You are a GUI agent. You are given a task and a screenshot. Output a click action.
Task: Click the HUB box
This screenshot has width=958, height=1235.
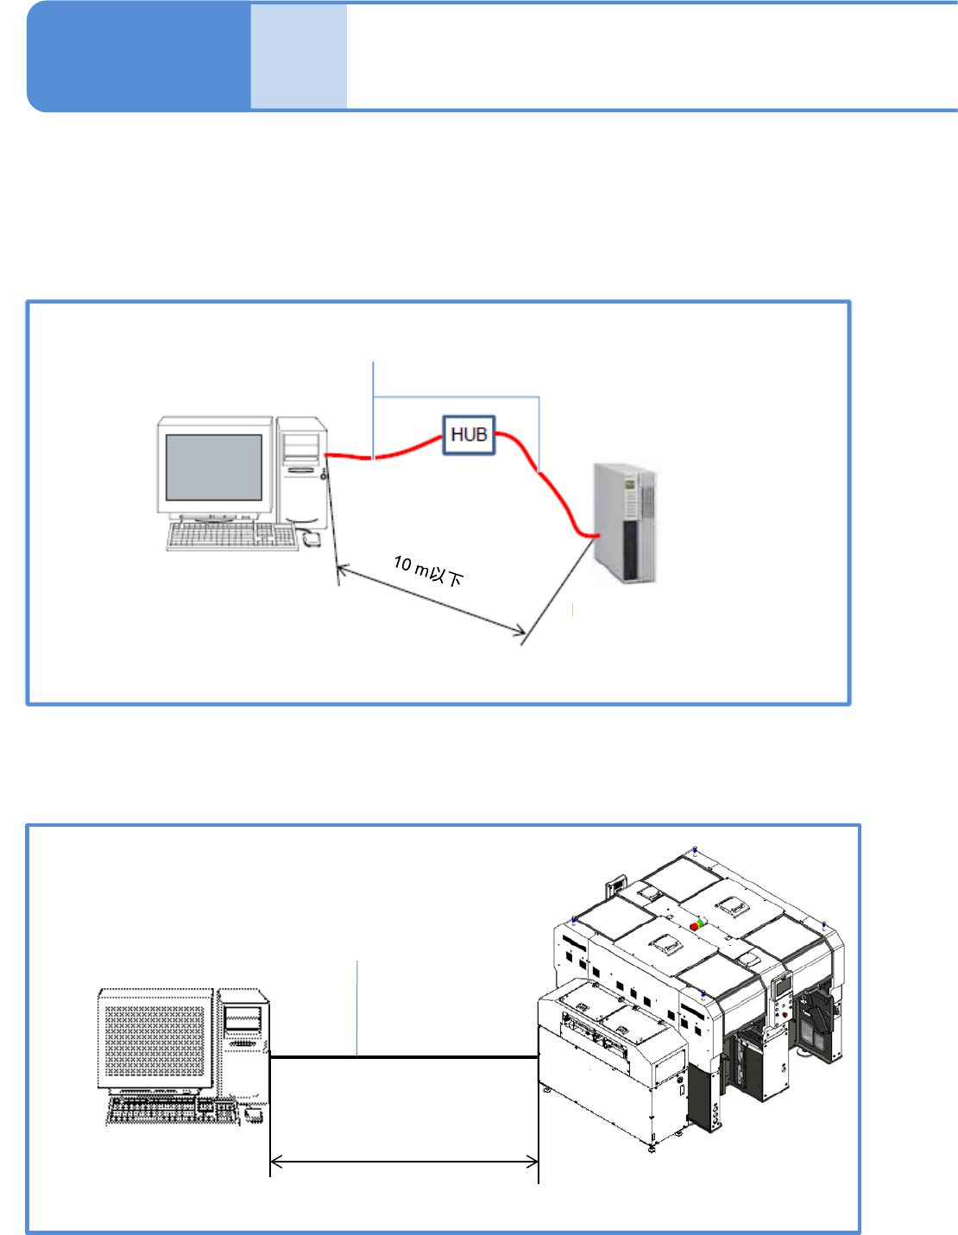coord(469,435)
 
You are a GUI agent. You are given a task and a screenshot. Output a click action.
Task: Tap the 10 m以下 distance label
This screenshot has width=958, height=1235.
coord(429,570)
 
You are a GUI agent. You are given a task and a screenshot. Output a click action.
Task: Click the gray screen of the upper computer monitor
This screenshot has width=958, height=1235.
coord(213,466)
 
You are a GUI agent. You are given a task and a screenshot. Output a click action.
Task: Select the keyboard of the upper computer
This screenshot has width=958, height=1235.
coord(230,536)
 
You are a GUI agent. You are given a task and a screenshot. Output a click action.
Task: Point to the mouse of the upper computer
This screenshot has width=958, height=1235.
coord(311,540)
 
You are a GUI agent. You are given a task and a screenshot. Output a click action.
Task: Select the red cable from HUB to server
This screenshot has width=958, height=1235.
coord(552,492)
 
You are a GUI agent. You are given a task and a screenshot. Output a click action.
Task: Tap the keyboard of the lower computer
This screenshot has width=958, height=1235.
coord(172,1112)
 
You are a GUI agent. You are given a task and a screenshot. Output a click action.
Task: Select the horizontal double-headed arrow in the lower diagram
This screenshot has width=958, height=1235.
coord(404,1163)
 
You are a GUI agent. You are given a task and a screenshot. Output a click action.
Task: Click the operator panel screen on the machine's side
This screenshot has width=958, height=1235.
coord(781,986)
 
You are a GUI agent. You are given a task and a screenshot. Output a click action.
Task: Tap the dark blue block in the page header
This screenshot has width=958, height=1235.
coord(138,57)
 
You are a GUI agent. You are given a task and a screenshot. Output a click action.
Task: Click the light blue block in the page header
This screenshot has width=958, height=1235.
coord(299,57)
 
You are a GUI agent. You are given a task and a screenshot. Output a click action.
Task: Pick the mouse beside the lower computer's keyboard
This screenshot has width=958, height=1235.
coord(253,1114)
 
